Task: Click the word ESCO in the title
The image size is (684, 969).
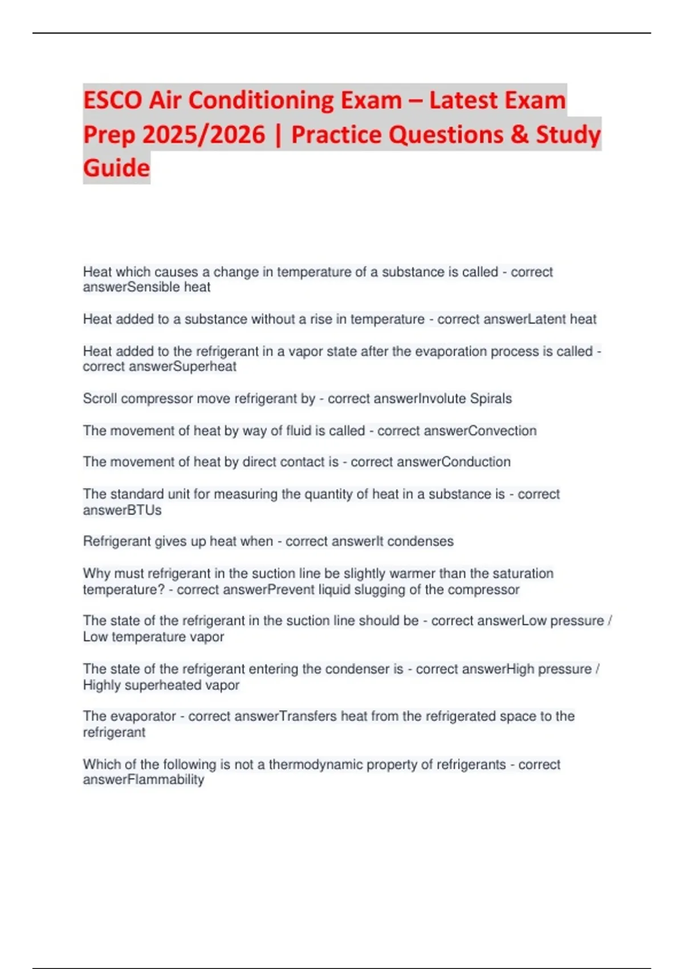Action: pos(112,100)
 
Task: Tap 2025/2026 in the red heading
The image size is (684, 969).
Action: pos(203,135)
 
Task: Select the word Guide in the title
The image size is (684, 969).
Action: pos(116,168)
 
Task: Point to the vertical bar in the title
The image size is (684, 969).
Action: pos(278,135)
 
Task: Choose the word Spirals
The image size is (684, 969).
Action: pos(491,398)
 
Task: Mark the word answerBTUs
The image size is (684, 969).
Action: pos(122,510)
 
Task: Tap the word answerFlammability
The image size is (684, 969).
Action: pos(143,780)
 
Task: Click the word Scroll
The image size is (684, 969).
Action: pos(100,398)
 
